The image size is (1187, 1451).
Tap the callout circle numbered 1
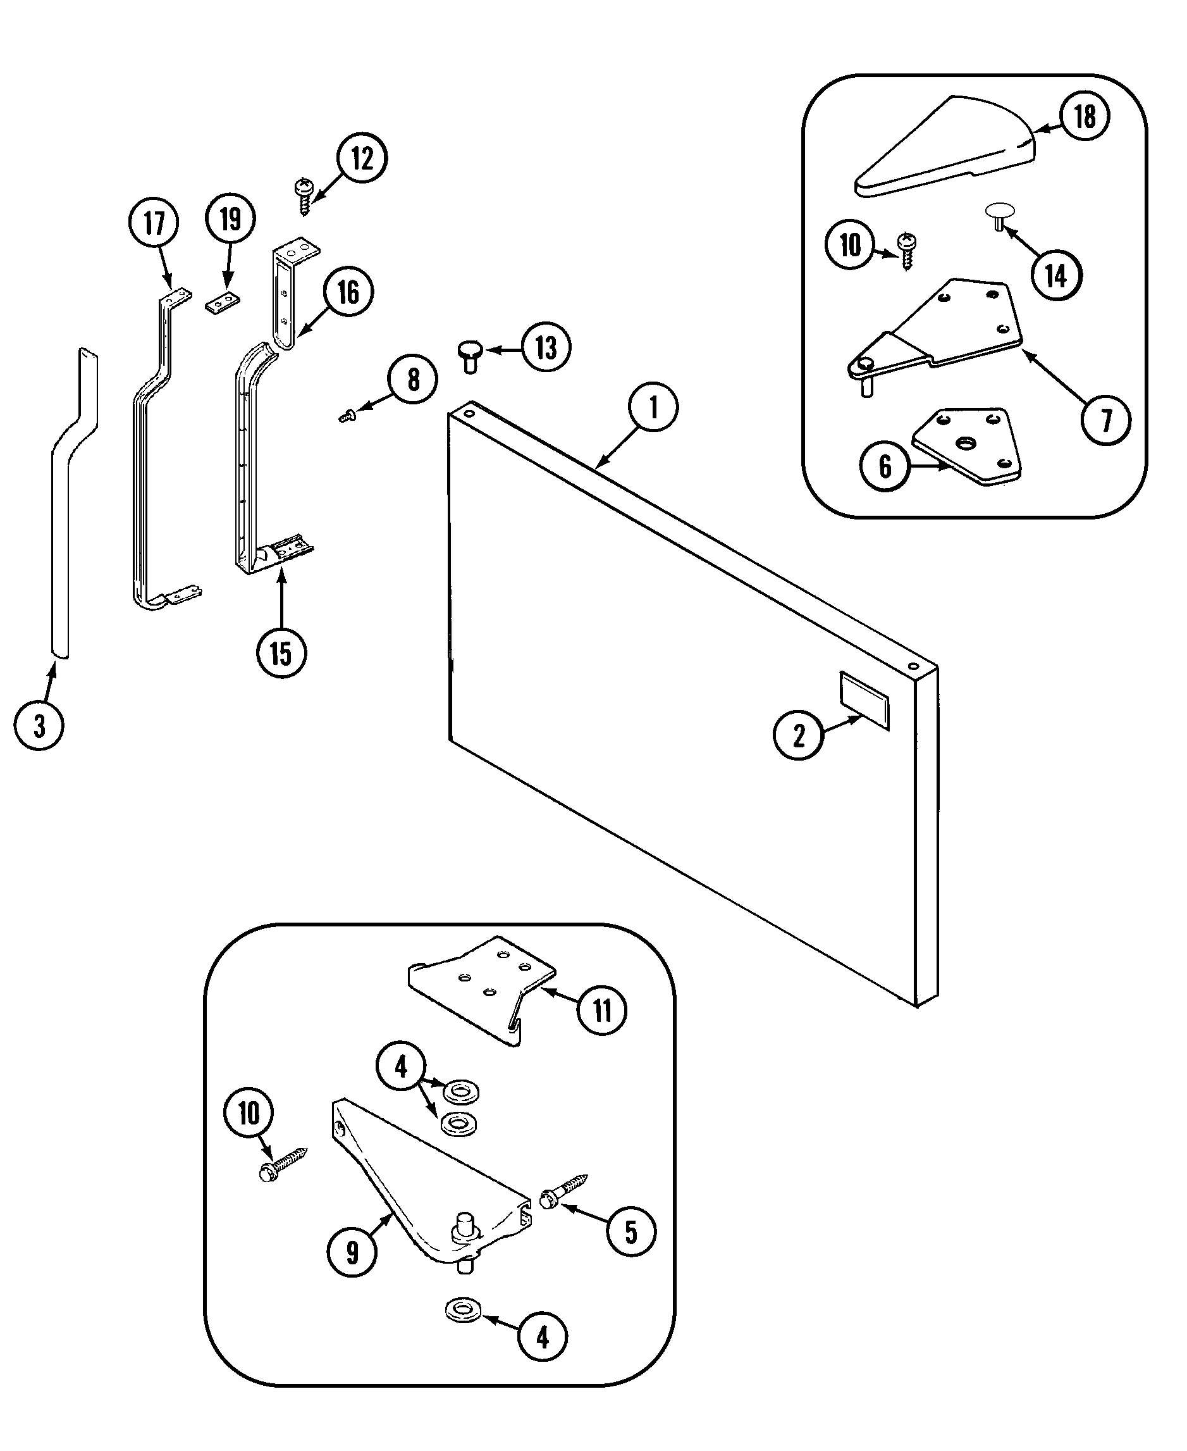click(653, 407)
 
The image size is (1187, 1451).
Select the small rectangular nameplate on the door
click(865, 701)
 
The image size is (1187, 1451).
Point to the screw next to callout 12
click(304, 196)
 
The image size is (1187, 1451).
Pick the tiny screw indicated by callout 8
click(346, 414)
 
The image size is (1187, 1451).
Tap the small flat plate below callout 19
click(223, 302)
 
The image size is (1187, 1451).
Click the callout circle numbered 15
click(281, 652)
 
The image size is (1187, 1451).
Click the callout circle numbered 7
click(1105, 420)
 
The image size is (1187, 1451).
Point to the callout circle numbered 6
click(885, 466)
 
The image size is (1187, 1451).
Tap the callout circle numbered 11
click(601, 1010)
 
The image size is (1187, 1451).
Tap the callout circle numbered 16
click(348, 292)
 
